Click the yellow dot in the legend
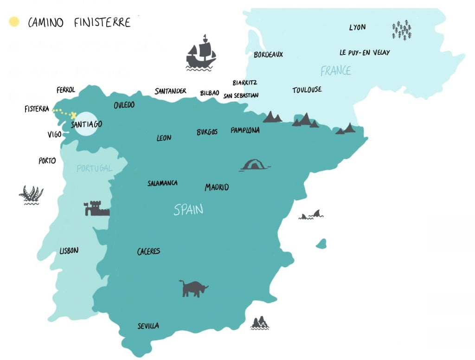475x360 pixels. click(14, 22)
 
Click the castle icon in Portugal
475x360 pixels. click(96, 209)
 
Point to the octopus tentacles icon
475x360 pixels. click(31, 195)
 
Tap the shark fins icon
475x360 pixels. click(312, 214)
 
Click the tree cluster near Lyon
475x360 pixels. click(402, 30)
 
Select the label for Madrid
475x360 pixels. click(217, 187)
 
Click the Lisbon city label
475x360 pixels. click(69, 251)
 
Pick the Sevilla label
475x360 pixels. click(148, 326)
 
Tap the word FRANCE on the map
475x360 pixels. click(335, 71)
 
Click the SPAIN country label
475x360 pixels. click(188, 210)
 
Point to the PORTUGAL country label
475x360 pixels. click(95, 168)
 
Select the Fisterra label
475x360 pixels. click(37, 109)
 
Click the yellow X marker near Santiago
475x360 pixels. click(73, 114)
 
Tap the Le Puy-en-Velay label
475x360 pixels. click(365, 52)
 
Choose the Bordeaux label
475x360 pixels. click(268, 55)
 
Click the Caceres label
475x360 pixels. click(148, 251)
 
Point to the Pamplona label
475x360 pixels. click(245, 130)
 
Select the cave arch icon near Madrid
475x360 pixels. click(254, 165)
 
